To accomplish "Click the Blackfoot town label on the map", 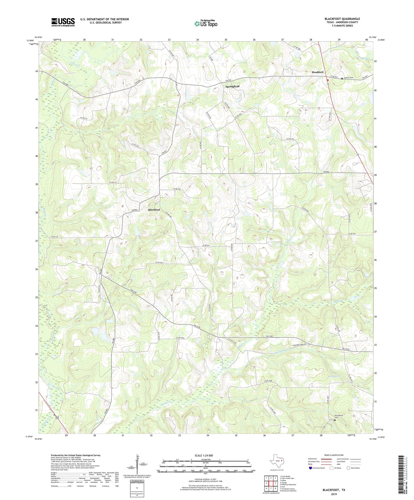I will [154, 210].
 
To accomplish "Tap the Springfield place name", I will [232, 86].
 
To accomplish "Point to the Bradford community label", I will [317, 72].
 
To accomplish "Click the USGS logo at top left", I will [63, 22].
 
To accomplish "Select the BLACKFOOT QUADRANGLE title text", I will [342, 19].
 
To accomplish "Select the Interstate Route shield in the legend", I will [311, 468].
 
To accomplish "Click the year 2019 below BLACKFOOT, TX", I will [334, 494].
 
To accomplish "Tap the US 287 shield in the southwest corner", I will [57, 417].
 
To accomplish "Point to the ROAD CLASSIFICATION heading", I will [334, 455].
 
